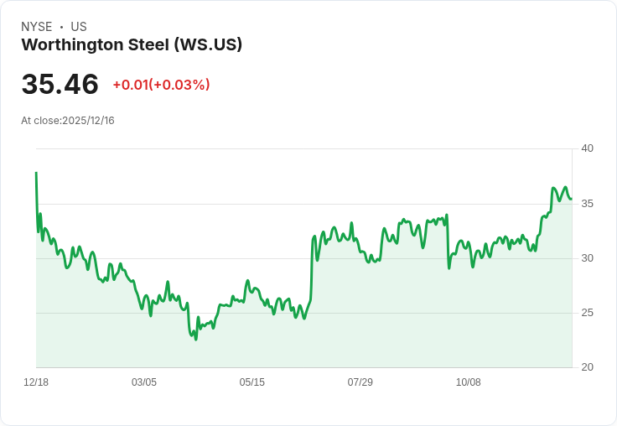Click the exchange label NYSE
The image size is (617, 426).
[x=38, y=27]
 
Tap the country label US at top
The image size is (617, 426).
[x=79, y=27]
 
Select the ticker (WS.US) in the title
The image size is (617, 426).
[x=208, y=44]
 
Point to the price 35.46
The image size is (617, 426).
[x=60, y=84]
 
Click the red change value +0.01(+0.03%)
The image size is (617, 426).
[x=161, y=85]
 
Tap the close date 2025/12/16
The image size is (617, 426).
[x=88, y=121]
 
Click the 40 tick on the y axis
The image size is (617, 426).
[x=587, y=148]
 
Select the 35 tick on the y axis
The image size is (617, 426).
[x=587, y=204]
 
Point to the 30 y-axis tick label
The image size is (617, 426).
[x=587, y=258]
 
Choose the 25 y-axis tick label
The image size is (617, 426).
[x=587, y=313]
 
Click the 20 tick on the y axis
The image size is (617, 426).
[x=587, y=367]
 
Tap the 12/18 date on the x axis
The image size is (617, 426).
[x=36, y=382]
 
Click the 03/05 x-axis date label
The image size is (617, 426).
[x=144, y=382]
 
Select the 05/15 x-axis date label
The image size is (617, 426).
[x=252, y=382]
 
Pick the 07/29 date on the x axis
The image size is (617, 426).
[x=360, y=382]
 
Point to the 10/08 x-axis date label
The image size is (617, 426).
[x=469, y=382]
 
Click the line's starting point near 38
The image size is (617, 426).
[x=36, y=173]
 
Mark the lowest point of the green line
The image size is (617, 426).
[x=196, y=339]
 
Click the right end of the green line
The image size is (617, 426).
[x=571, y=199]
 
